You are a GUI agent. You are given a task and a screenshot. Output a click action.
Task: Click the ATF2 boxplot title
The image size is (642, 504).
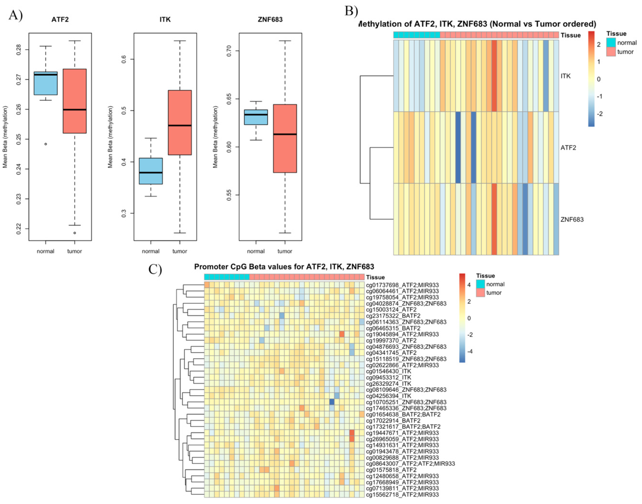point(60,20)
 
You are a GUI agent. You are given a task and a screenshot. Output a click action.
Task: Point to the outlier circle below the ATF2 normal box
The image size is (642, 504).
point(45,144)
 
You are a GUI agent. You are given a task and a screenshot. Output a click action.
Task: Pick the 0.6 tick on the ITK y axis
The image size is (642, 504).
point(124,59)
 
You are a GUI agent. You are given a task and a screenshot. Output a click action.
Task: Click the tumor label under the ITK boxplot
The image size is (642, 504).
point(180,251)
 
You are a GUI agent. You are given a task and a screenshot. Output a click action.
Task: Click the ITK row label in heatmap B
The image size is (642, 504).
point(565,76)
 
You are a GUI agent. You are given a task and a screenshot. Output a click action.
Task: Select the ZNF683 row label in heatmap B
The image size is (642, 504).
point(572,219)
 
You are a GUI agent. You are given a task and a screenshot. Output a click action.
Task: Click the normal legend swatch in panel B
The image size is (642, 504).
point(611,42)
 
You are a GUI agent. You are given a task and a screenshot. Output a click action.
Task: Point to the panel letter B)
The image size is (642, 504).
point(351,11)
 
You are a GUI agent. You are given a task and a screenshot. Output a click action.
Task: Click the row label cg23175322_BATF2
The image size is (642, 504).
point(393,316)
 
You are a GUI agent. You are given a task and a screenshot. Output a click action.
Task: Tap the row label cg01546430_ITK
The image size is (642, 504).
point(388,371)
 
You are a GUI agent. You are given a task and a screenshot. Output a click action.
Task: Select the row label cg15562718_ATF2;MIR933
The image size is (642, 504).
point(402,495)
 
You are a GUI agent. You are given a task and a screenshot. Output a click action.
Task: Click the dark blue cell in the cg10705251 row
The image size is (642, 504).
point(332,402)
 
